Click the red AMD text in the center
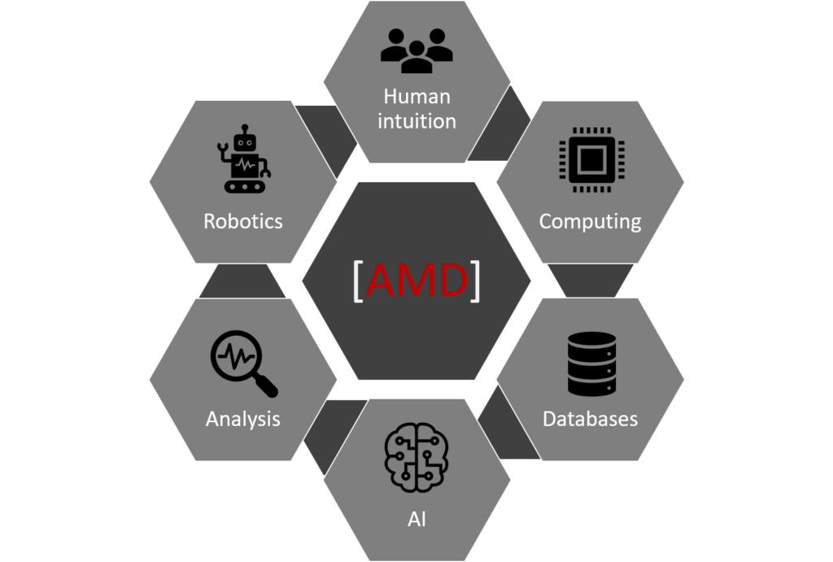tap(417, 280)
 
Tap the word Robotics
tap(243, 221)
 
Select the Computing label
tap(591, 222)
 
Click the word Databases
tap(591, 419)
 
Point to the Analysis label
tap(243, 419)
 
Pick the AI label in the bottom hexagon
tap(417, 519)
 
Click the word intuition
tap(417, 121)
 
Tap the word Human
tap(417, 97)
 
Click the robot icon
tap(244, 159)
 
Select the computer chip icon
tap(591, 159)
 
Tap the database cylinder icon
tap(592, 364)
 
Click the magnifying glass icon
tap(243, 364)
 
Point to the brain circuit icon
tap(416, 456)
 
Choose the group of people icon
tap(417, 50)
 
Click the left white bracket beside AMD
tap(358, 281)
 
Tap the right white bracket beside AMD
tap(475, 281)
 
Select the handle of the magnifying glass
tap(266, 386)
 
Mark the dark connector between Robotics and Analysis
tap(242, 281)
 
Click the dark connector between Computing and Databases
tap(591, 280)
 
